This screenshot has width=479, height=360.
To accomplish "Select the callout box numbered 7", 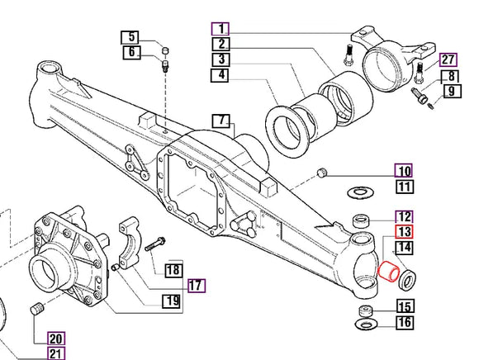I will (221, 121).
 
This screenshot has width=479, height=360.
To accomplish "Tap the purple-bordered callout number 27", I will (447, 59).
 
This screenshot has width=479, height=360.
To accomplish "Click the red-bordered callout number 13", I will (404, 233).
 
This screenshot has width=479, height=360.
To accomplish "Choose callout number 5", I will (130, 37).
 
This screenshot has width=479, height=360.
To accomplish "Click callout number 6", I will (130, 53).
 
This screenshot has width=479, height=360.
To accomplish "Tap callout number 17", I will (196, 286).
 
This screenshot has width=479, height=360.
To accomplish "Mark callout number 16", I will (404, 322).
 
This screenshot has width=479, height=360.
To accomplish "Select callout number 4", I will (221, 75).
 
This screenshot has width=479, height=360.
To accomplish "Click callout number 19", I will (171, 301).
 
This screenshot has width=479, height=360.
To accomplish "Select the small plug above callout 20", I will (36, 310).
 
